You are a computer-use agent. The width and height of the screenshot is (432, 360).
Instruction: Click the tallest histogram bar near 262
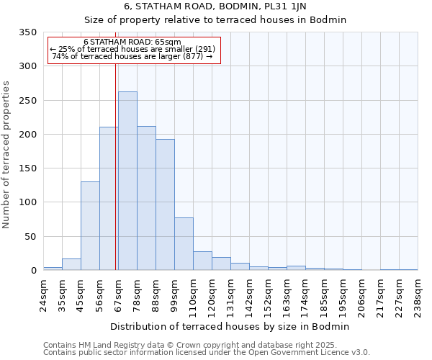(x=127, y=181)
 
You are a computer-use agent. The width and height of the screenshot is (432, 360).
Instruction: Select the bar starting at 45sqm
(x=90, y=226)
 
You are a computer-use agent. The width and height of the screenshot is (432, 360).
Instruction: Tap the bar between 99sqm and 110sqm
(x=184, y=244)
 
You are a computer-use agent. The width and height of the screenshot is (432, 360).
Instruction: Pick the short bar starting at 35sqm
(x=71, y=264)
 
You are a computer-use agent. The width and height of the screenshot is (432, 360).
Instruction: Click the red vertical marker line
(x=116, y=166)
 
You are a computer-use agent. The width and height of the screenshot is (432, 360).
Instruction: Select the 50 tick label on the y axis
(x=30, y=237)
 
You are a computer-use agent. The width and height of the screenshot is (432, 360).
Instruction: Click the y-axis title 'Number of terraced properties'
(x=7, y=155)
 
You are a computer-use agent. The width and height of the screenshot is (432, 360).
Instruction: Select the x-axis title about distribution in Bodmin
(x=230, y=326)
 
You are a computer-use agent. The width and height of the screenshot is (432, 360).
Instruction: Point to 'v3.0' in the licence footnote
(x=359, y=353)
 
